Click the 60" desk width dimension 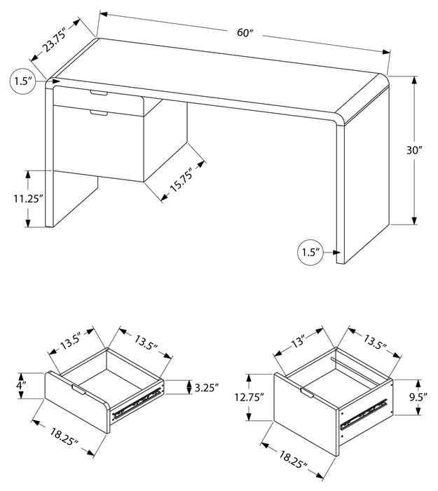point(245,32)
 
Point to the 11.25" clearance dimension point(27,198)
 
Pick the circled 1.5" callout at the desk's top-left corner point(23,81)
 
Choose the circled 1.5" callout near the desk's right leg point(308,250)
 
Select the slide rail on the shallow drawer point(136,403)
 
